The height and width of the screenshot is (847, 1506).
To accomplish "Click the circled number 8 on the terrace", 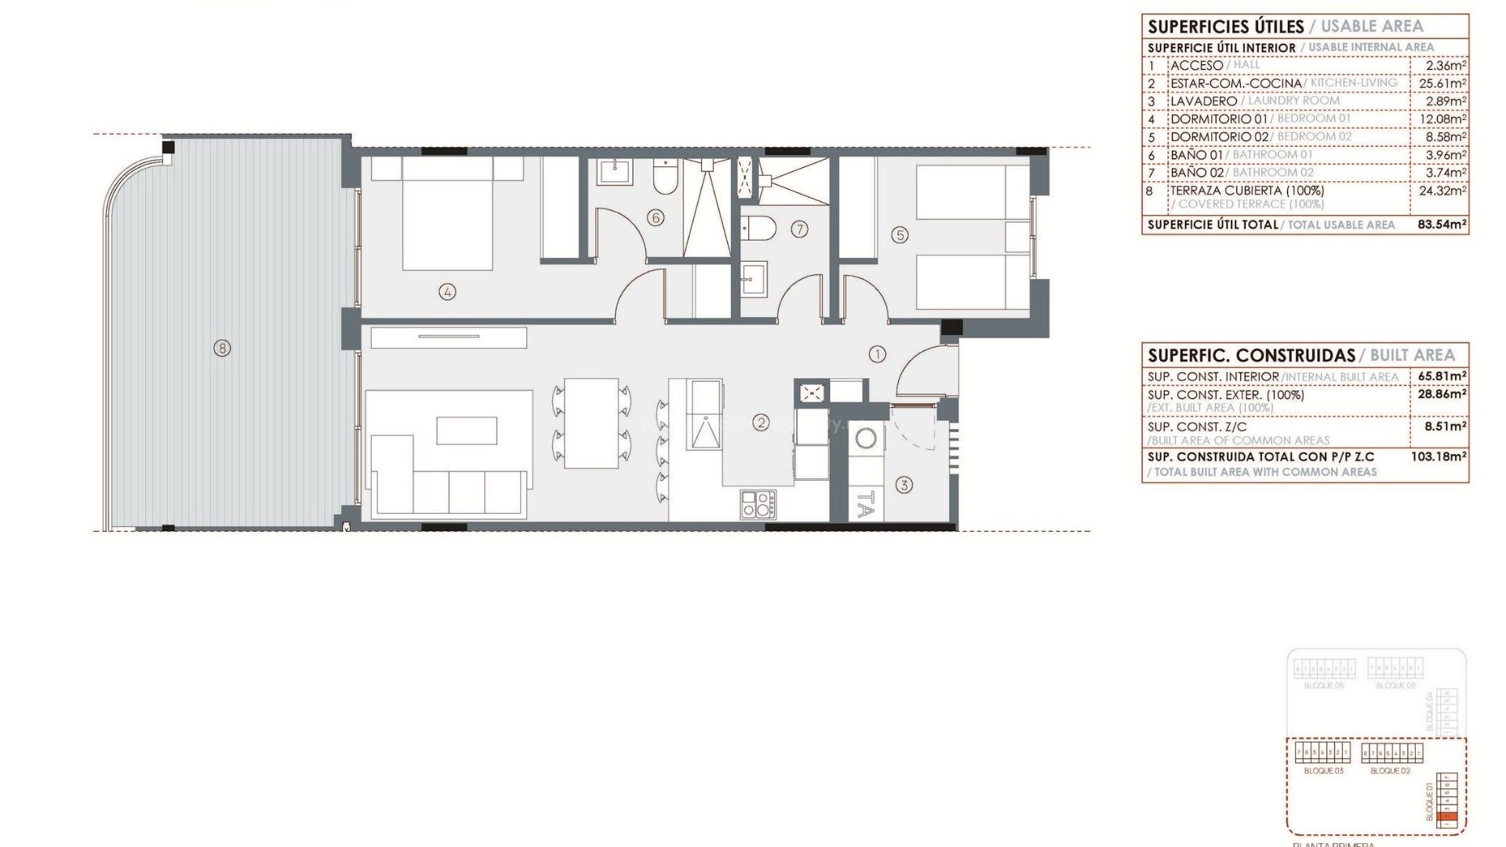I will click(x=222, y=347).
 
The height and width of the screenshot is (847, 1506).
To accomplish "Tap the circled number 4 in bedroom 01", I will click(x=447, y=292).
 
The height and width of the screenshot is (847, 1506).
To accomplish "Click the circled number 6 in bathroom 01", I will click(x=656, y=217).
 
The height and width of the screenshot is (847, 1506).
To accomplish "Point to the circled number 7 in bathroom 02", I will click(x=799, y=229).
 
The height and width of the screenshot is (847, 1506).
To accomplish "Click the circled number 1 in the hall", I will click(x=877, y=354).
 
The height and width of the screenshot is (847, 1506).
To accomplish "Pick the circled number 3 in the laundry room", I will click(x=904, y=485).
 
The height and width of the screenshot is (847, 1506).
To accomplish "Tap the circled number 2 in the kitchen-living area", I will click(x=760, y=423).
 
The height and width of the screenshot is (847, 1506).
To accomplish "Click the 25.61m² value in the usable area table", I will click(x=1442, y=83).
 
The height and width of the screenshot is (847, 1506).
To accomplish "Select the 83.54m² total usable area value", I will click(x=1442, y=224).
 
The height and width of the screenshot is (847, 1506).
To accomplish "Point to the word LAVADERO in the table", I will click(x=1203, y=101).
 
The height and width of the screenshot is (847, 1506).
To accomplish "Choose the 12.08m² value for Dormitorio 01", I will click(x=1442, y=119).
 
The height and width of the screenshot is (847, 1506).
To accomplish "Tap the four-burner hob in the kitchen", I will click(x=758, y=503).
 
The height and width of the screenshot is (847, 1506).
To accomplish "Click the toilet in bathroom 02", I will click(x=758, y=228).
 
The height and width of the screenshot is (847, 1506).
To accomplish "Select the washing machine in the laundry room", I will click(x=866, y=438).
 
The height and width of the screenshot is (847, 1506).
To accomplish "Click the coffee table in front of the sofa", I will click(x=467, y=431).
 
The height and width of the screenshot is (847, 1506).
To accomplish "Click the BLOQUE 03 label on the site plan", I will click(x=1323, y=771).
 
